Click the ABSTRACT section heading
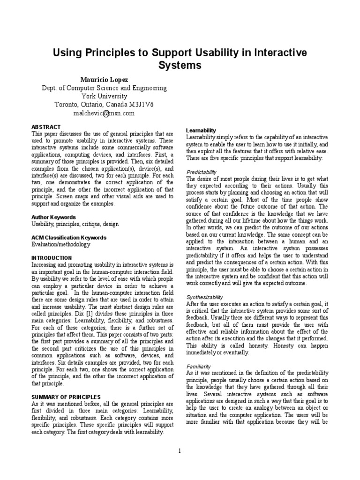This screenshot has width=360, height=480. click(x=46, y=127)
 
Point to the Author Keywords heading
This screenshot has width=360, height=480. click(x=53, y=217)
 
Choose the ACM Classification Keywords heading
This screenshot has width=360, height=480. click(x=69, y=238)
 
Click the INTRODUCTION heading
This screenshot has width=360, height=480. click(x=52, y=258)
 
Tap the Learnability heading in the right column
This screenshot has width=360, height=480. click(x=201, y=130)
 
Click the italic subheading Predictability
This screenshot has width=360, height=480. click(x=202, y=172)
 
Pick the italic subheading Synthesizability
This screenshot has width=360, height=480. click(x=205, y=297)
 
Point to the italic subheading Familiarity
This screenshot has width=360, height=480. click(x=199, y=366)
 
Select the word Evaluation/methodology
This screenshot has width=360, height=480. click(x=61, y=244)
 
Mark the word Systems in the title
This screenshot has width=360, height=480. click(x=180, y=65)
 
